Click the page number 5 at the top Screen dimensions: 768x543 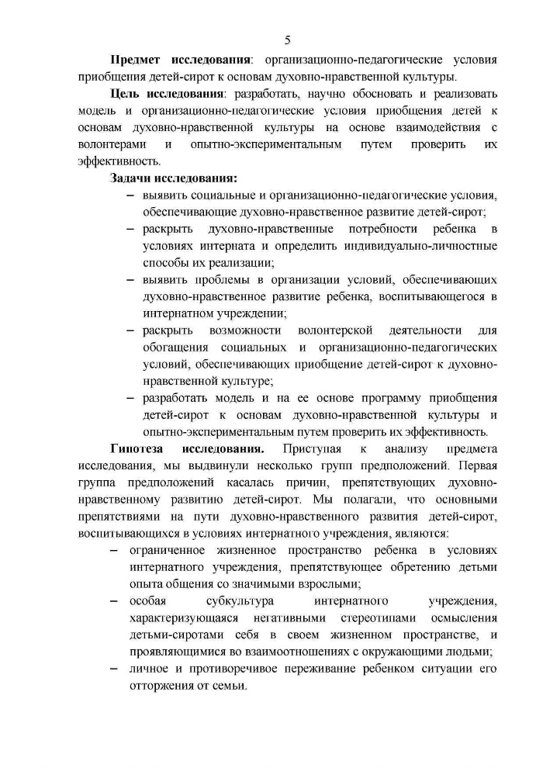287,40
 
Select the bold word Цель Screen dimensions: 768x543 126,94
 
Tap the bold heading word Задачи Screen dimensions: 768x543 133,179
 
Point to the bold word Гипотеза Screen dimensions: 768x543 138,449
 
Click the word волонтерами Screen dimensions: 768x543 110,145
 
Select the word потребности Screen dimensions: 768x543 384,230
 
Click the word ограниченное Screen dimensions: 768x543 168,550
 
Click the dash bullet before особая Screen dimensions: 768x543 114,601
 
